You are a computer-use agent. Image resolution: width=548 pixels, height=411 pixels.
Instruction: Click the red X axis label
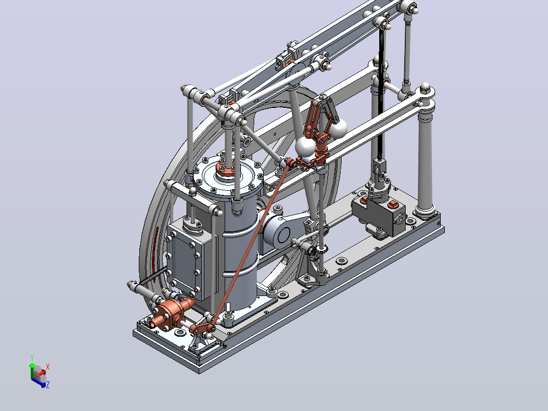(x=48, y=367)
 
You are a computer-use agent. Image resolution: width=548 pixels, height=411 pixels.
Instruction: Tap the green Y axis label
(x=32, y=358)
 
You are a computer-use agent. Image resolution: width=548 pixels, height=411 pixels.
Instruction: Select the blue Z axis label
(x=48, y=385)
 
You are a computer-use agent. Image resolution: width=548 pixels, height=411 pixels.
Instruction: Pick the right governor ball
(x=338, y=129)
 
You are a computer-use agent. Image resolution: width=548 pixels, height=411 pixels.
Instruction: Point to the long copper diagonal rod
(x=251, y=244)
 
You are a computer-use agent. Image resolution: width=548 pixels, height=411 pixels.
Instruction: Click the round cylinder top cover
(x=228, y=175)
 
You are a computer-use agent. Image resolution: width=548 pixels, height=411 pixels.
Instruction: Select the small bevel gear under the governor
(x=322, y=249)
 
